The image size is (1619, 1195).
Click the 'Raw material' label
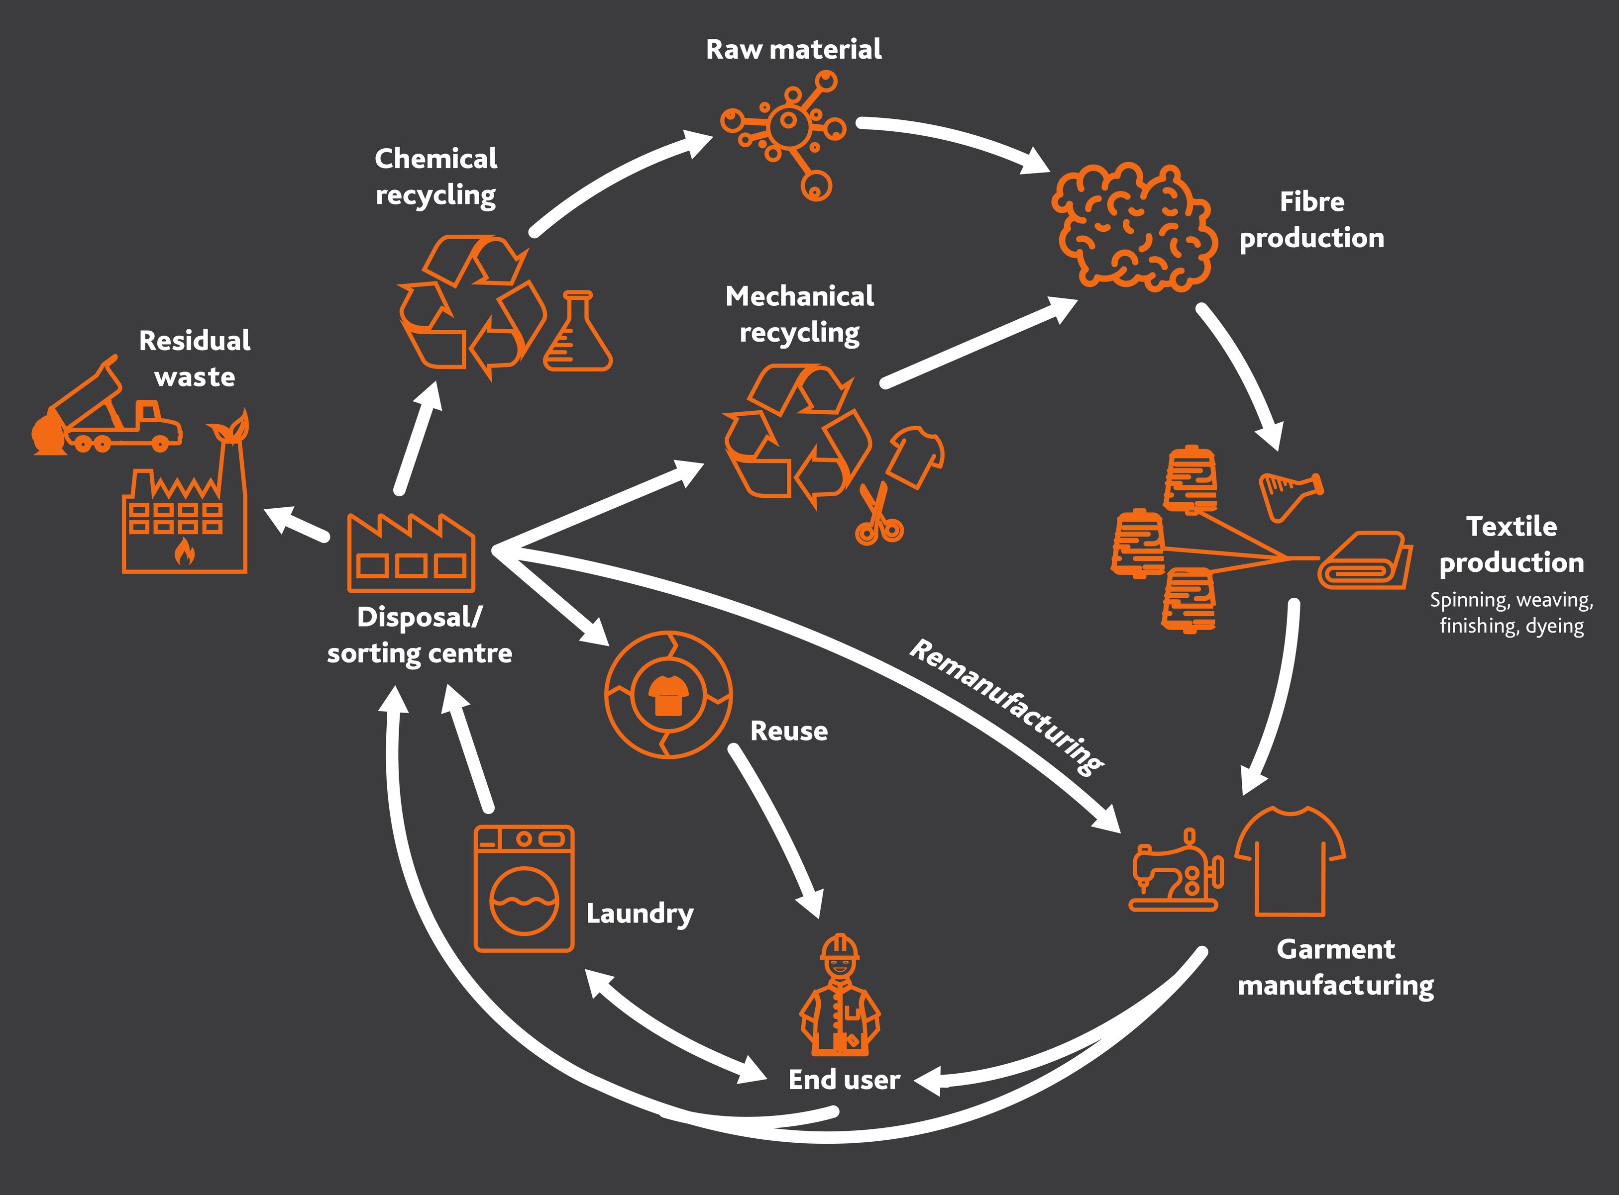click(793, 49)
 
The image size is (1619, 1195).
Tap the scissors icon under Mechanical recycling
click(878, 516)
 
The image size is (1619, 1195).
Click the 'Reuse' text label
click(788, 731)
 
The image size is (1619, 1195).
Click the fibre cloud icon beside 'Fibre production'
click(1133, 228)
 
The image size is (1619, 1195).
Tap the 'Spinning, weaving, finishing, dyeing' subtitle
click(1511, 613)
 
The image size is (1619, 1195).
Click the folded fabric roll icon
click(1364, 563)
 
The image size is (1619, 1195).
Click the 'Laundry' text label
click(640, 914)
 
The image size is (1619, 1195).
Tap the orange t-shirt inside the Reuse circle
click(667, 695)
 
